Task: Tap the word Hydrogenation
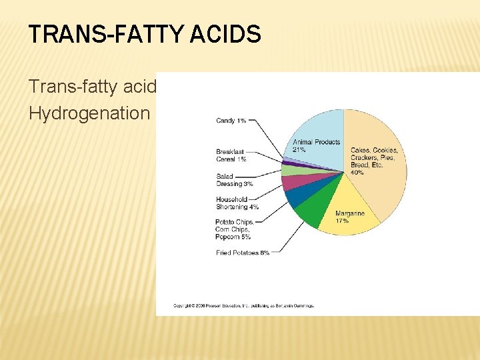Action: tap(89, 113)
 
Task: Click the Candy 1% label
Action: tap(231, 121)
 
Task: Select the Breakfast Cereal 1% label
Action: tap(231, 155)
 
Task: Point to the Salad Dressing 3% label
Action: tap(234, 180)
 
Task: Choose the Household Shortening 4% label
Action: tap(237, 203)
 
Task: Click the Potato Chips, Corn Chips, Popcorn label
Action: tap(233, 229)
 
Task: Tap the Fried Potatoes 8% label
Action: tap(242, 253)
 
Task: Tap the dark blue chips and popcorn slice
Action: tap(294, 197)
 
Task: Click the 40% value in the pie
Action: tap(357, 173)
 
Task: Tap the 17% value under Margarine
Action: tap(343, 221)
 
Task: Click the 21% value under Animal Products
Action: tap(299, 150)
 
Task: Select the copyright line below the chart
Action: tap(243, 306)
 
